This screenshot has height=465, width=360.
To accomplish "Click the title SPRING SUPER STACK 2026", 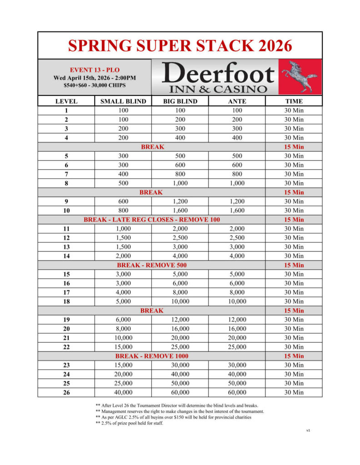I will coord(180,46).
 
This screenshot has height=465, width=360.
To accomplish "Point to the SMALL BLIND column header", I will coord(123,101).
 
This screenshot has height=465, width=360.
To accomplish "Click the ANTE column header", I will coord(236,101).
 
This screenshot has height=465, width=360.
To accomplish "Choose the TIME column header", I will coord(294,101).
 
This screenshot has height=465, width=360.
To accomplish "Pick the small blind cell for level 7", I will coord(123,174).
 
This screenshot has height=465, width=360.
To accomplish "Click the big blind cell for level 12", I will coord(180,237).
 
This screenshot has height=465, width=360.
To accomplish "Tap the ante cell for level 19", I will coord(236,319).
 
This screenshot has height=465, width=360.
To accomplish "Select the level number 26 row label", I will coord(66,392).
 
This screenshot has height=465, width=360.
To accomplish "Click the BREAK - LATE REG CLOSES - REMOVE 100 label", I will coord(152,219).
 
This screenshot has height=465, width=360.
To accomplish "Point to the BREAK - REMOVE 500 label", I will coord(152,265).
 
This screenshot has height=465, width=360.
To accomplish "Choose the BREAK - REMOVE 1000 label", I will coord(152,356).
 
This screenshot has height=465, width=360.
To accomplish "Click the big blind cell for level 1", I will coord(180,110).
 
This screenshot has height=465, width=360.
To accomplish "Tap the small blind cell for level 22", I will coord(123,346).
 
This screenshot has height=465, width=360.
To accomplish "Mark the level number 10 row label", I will coord(66,210).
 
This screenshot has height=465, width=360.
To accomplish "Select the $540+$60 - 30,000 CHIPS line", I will coord(95,85).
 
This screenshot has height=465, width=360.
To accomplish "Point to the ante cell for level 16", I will coord(236,283).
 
